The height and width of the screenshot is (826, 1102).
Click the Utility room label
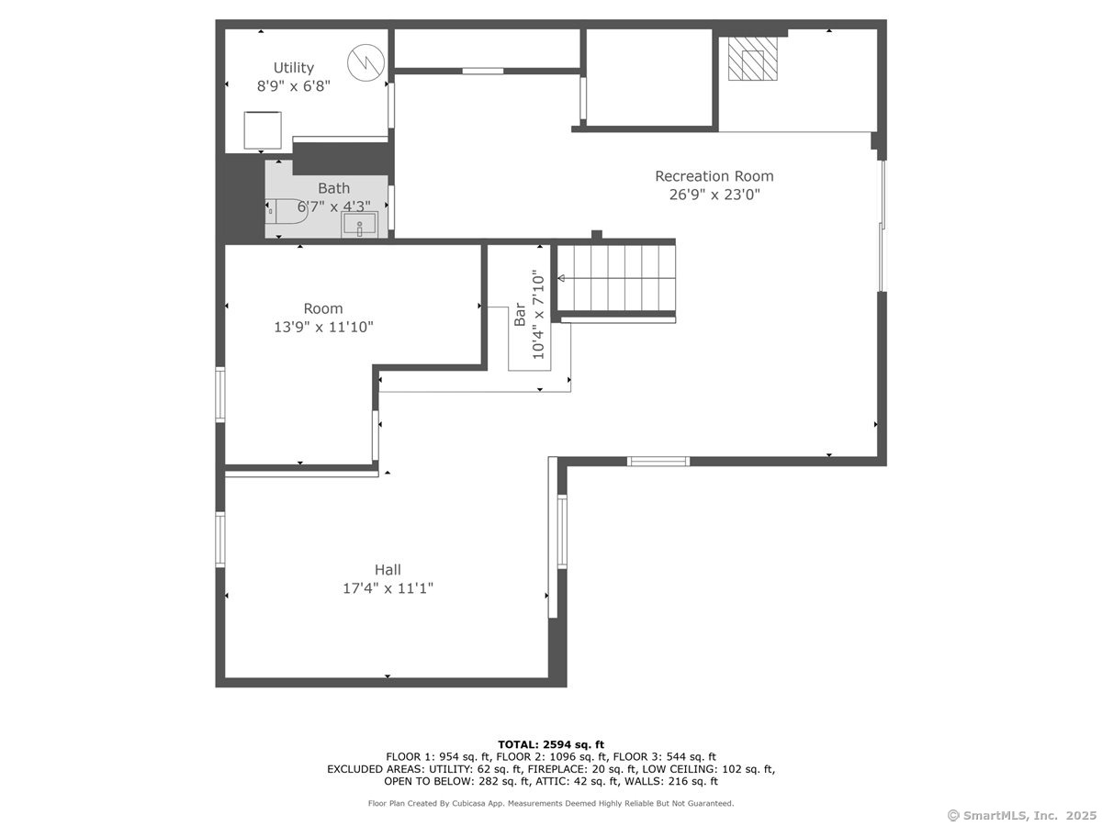coord(293,67)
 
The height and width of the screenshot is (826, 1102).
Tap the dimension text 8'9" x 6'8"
coord(293,86)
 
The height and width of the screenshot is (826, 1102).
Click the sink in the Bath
coord(359,225)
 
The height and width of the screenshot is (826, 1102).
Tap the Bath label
coord(333,188)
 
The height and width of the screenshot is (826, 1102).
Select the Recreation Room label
coord(714,176)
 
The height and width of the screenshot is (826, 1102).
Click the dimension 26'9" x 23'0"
coord(714,195)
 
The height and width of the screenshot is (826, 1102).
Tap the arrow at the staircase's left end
coord(561,277)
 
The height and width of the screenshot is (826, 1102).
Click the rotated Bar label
coord(520,315)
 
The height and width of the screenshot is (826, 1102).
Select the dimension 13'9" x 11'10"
coord(322,327)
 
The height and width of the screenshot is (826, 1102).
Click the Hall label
coord(387,570)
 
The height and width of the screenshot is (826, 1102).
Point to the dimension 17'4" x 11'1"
coord(387,588)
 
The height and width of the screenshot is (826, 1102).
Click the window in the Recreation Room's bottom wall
coord(658,461)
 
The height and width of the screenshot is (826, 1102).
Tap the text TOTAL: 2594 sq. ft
coord(550,744)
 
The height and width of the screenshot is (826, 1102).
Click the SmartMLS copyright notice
coord(1020,815)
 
